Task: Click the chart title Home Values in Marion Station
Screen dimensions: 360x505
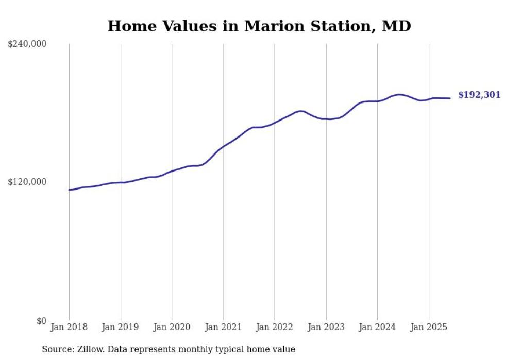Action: [259, 26]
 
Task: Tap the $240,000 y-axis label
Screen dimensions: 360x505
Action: [27, 44]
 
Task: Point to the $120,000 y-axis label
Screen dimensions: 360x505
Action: [27, 182]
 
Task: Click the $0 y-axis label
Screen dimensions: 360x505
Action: [41, 321]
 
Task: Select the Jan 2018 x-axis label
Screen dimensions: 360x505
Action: [69, 327]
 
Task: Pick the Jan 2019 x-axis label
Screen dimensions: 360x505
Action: [121, 327]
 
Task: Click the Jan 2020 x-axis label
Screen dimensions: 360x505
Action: [172, 327]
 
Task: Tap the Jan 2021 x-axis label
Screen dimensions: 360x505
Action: [223, 327]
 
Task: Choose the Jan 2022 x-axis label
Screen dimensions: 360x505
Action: [275, 327]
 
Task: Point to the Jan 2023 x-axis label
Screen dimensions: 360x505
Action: [326, 327]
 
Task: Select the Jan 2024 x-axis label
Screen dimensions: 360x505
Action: [377, 327]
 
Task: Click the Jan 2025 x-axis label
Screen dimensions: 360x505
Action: [429, 327]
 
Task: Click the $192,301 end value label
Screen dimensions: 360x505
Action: [479, 95]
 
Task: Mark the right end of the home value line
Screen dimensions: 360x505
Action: [450, 98]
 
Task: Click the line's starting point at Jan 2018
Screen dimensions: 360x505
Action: [69, 190]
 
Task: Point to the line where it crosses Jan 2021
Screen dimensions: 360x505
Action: [223, 147]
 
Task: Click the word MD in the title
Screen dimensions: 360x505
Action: [396, 26]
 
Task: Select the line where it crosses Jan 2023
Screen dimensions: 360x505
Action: [326, 119]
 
